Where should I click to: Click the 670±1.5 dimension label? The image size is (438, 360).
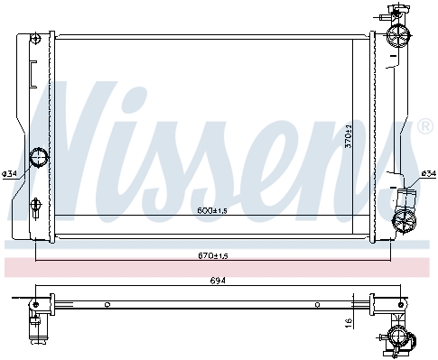tap(213, 256)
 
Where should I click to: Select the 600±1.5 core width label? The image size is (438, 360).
tap(212, 210)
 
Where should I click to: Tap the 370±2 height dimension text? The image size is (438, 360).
tap(349, 136)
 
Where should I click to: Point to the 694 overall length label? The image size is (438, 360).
tap(218, 281)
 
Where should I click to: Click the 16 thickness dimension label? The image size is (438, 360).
tap(349, 323)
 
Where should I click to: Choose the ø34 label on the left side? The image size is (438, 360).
tap(9, 173)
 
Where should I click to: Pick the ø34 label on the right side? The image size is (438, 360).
tap(429, 173)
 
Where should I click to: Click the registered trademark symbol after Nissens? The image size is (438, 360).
tap(425, 127)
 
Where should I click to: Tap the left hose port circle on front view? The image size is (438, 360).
tap(39, 156)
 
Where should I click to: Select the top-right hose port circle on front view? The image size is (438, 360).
tap(397, 34)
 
